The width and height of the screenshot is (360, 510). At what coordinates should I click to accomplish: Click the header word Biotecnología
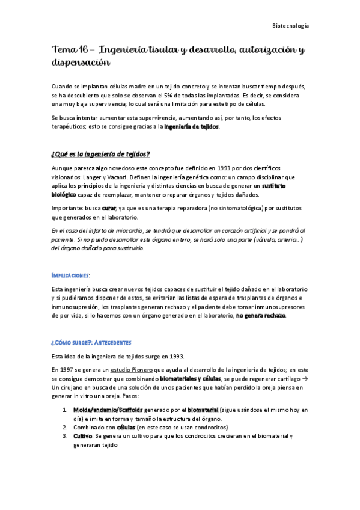[291, 26]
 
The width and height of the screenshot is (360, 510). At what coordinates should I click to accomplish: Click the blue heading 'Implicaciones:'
[71, 275]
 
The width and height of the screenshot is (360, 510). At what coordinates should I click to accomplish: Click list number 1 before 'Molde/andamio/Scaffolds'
[65, 410]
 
